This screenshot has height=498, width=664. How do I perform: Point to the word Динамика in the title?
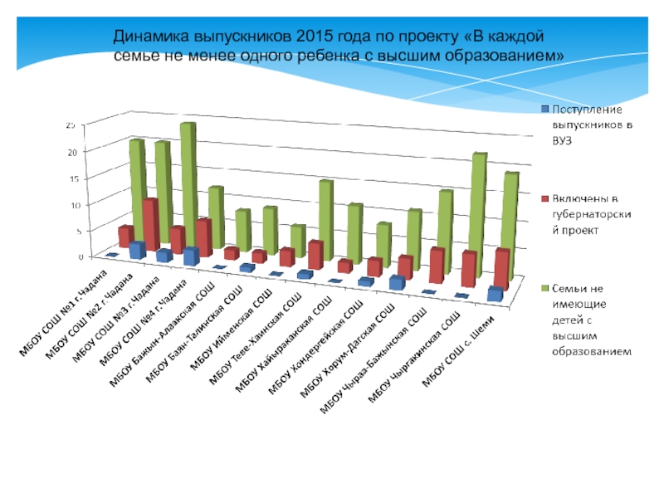point(150,38)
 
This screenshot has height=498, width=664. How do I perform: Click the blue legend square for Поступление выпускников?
point(544,109)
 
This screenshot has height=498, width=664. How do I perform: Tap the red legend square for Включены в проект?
point(544,199)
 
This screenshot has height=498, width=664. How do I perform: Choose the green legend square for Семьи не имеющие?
point(544,289)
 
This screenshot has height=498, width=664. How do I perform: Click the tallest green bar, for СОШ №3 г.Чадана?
point(188,178)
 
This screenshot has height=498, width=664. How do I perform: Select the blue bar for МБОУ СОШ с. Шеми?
point(496,293)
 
